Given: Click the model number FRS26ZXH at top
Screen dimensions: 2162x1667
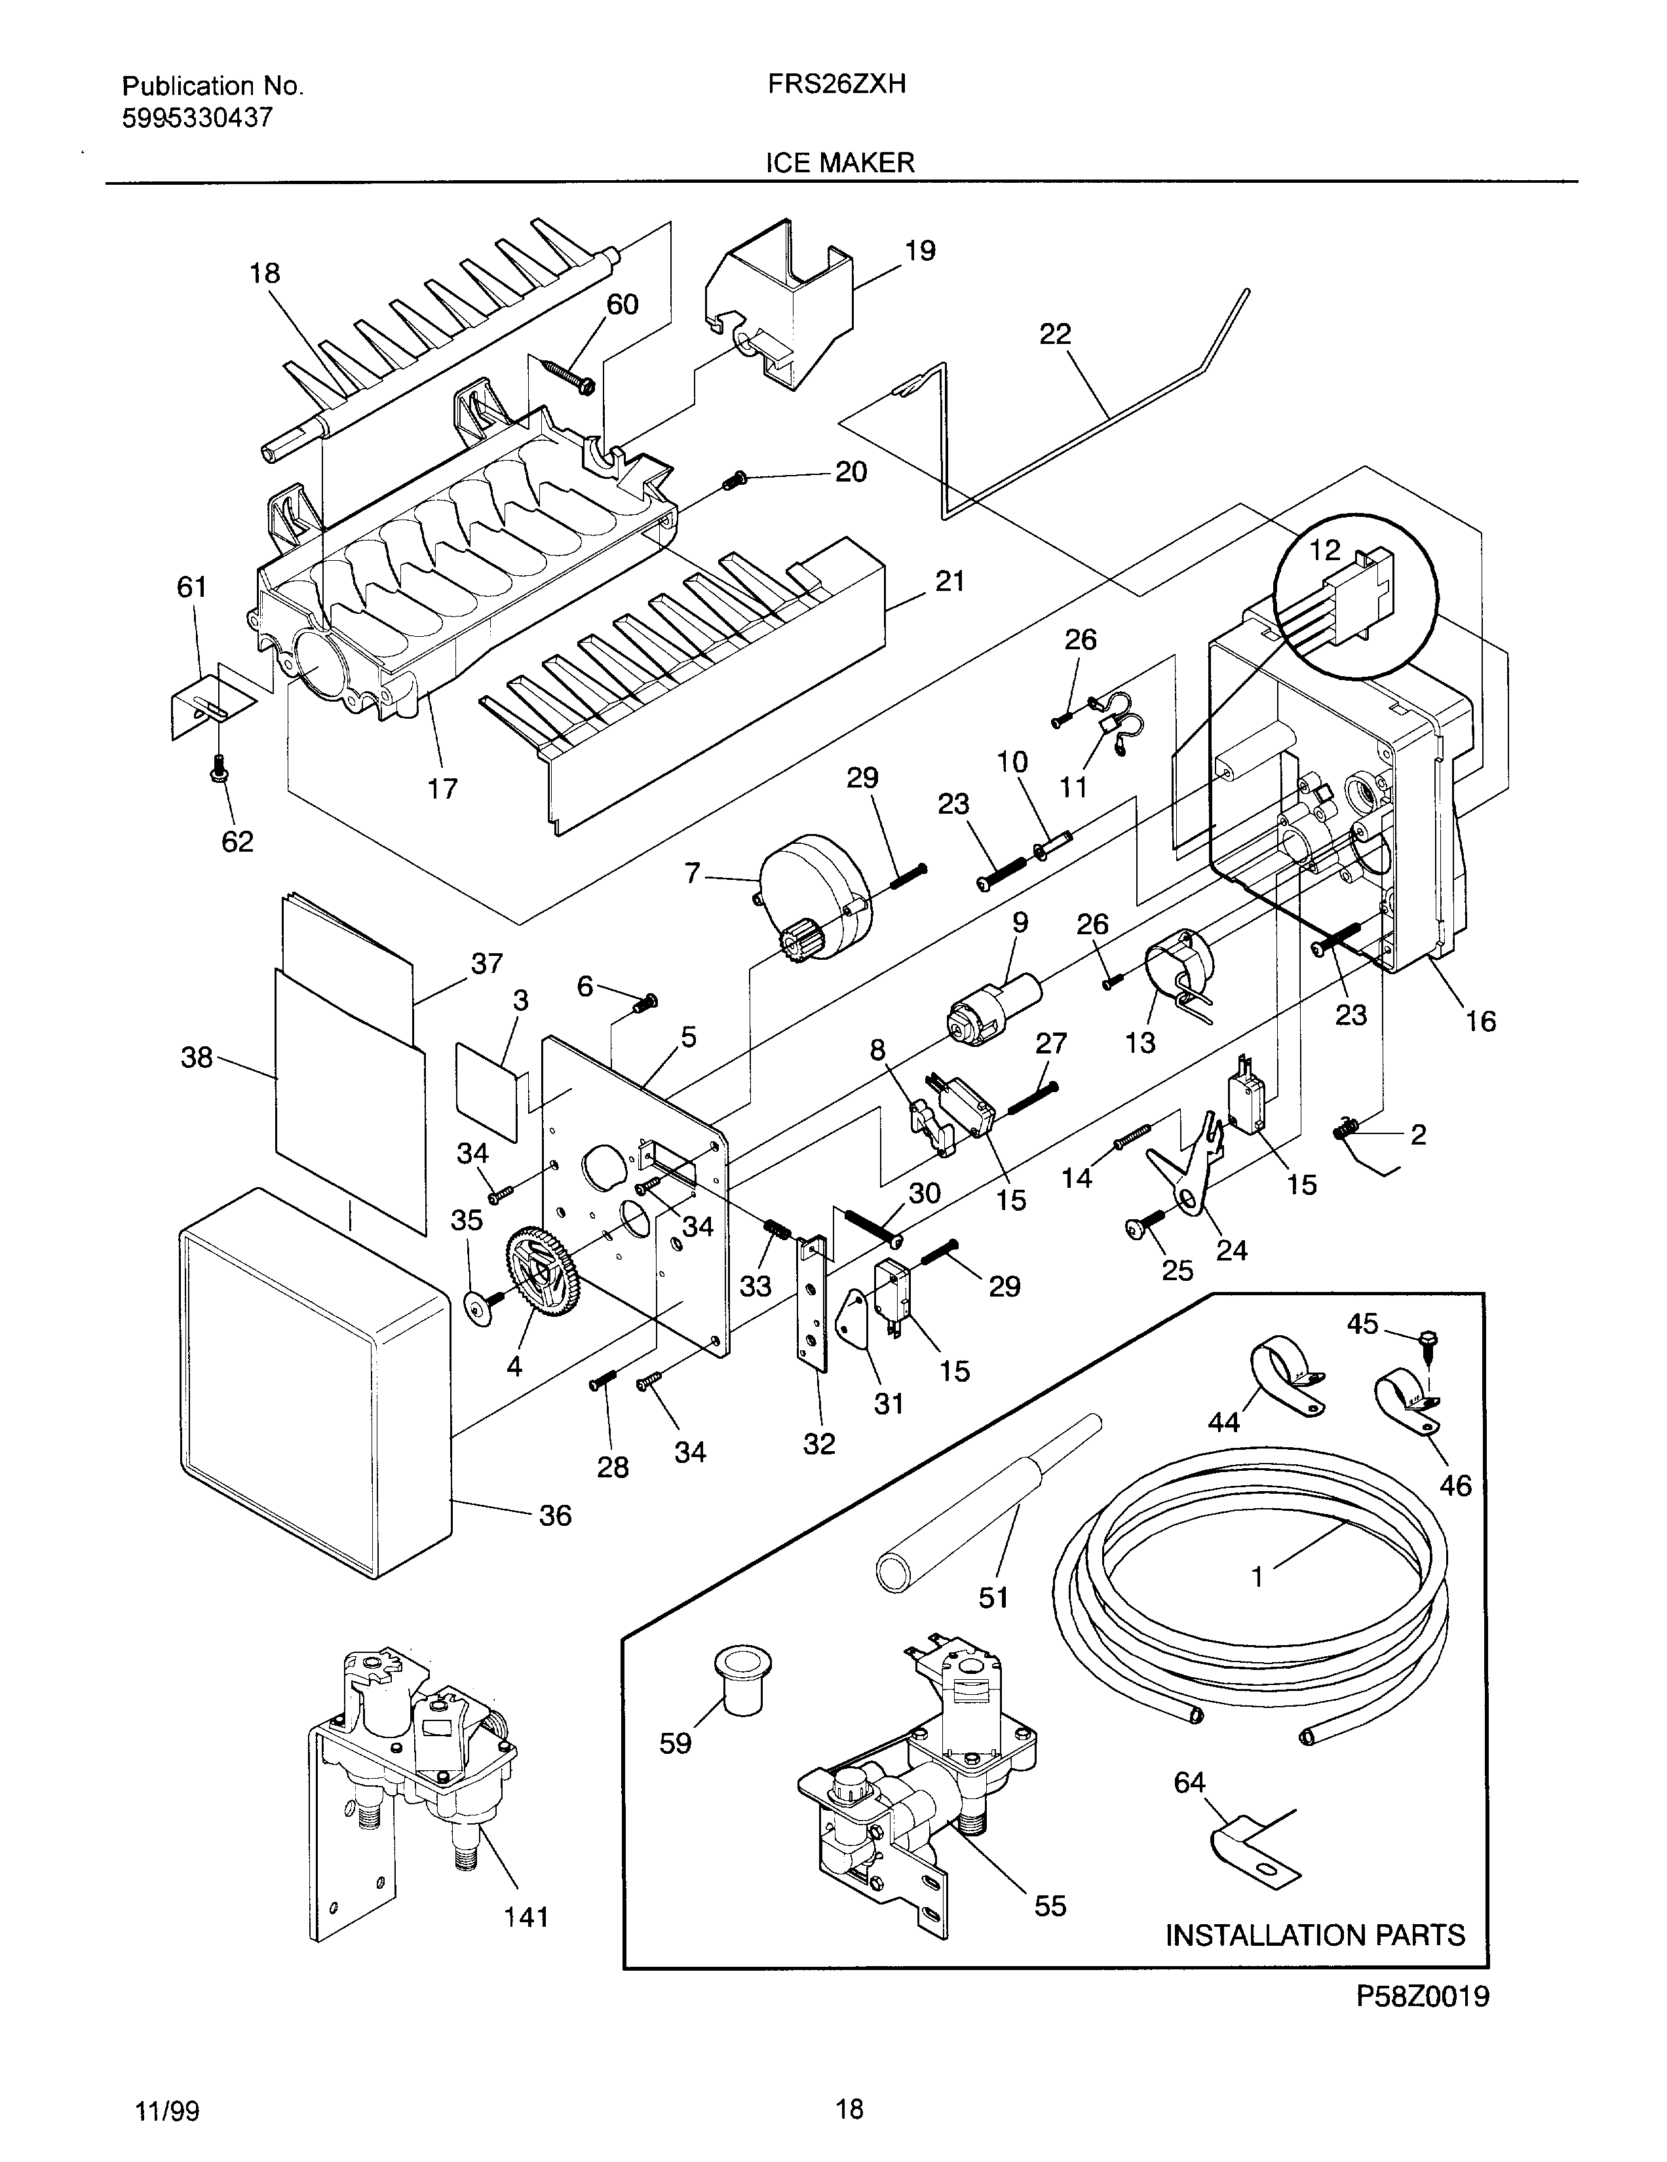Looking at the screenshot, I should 837,85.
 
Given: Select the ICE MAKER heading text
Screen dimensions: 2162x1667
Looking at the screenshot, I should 839,163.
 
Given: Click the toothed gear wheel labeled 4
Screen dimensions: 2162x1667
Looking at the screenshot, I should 543,1271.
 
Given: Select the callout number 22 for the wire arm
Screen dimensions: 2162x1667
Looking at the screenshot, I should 1055,335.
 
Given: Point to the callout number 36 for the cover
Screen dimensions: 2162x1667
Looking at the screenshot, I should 555,1515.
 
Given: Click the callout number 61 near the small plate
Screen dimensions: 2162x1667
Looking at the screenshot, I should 192,587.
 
